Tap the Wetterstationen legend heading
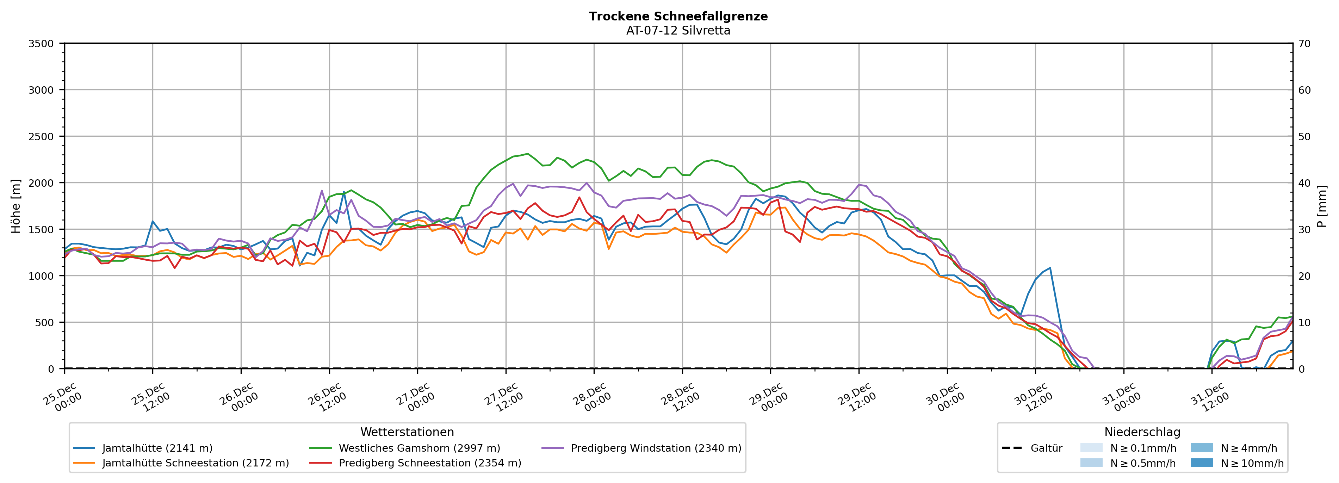coord(407,432)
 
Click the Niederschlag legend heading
coord(1142,432)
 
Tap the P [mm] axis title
coord(1322,206)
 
